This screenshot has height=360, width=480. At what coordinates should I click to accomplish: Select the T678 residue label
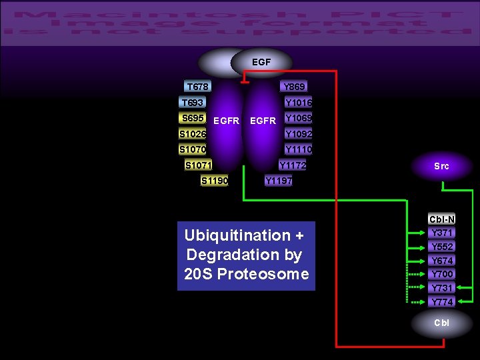tap(197, 87)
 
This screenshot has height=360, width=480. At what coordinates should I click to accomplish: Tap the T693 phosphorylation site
tap(192, 103)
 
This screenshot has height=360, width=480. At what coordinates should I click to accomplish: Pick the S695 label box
tap(193, 118)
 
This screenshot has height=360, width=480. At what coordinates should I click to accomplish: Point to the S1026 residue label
tap(192, 133)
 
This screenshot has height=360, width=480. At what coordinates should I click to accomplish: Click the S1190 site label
tap(214, 180)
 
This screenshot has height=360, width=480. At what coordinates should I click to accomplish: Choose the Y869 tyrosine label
tap(294, 87)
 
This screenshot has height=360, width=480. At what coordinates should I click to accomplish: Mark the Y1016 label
tap(298, 103)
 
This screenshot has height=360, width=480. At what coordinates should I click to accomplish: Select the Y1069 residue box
tap(298, 118)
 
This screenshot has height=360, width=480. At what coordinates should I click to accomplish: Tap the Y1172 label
tap(293, 165)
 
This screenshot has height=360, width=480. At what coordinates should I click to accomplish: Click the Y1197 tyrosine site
tap(278, 180)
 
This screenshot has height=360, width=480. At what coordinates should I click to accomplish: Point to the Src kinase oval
tap(441, 166)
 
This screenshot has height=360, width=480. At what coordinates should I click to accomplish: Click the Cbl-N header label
tap(442, 219)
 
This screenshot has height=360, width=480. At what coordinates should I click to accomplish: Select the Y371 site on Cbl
tap(442, 233)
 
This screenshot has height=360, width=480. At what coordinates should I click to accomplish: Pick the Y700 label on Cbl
tap(442, 274)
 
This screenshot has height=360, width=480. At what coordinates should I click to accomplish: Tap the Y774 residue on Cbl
tap(442, 302)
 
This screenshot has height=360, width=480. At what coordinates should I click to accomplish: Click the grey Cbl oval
tap(441, 323)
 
